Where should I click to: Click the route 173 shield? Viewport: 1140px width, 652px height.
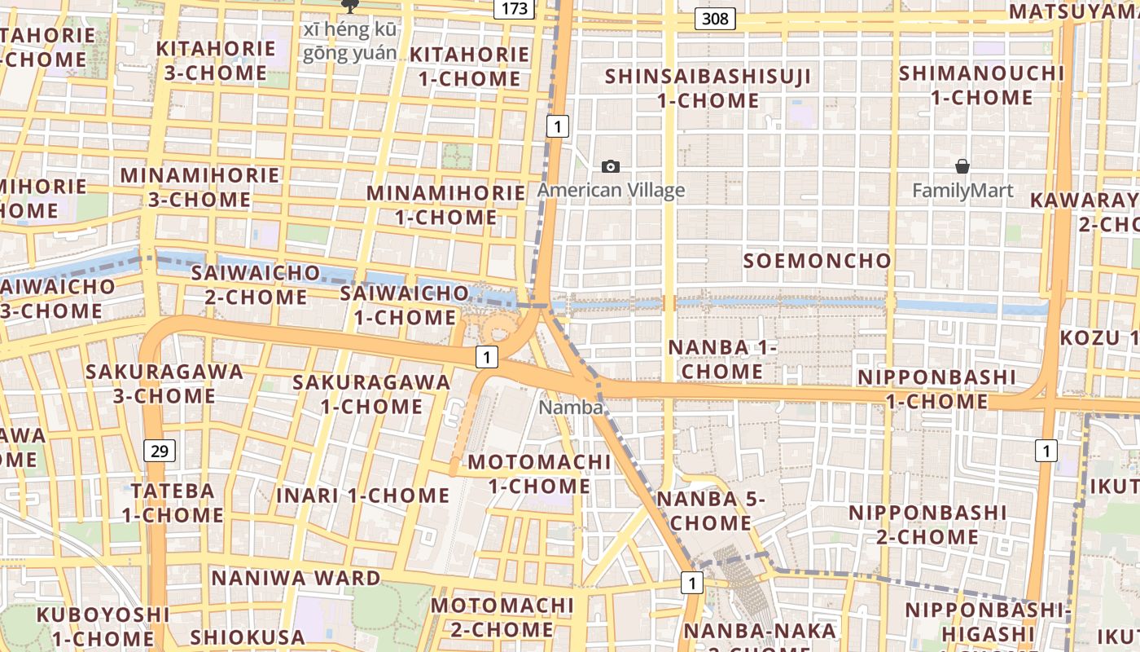coord(515,9)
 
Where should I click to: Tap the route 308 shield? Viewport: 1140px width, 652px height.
coord(715,18)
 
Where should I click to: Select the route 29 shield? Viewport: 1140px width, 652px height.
coord(159,450)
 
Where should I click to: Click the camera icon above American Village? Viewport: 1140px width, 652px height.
coord(610,167)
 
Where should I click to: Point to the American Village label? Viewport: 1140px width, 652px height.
coord(611,191)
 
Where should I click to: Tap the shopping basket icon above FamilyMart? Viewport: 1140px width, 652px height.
coord(962,167)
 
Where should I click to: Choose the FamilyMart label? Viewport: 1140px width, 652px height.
coord(962,192)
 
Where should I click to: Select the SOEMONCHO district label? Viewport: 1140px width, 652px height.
coord(817,261)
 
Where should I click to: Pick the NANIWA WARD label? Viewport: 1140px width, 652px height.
coord(296,579)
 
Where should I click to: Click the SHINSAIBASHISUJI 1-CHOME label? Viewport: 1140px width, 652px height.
coord(708,89)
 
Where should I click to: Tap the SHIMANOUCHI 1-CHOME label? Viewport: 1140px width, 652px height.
coord(981,86)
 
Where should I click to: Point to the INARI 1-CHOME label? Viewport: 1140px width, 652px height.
coord(363,496)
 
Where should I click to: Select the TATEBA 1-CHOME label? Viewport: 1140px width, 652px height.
coord(173,503)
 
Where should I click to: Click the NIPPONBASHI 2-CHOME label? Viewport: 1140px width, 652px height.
coord(927,525)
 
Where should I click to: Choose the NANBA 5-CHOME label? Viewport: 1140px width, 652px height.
coord(712,511)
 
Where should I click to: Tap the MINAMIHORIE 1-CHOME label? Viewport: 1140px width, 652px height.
coord(445,205)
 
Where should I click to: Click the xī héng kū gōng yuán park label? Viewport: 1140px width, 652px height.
coord(351,42)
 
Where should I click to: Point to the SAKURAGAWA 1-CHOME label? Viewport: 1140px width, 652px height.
coord(371,394)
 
